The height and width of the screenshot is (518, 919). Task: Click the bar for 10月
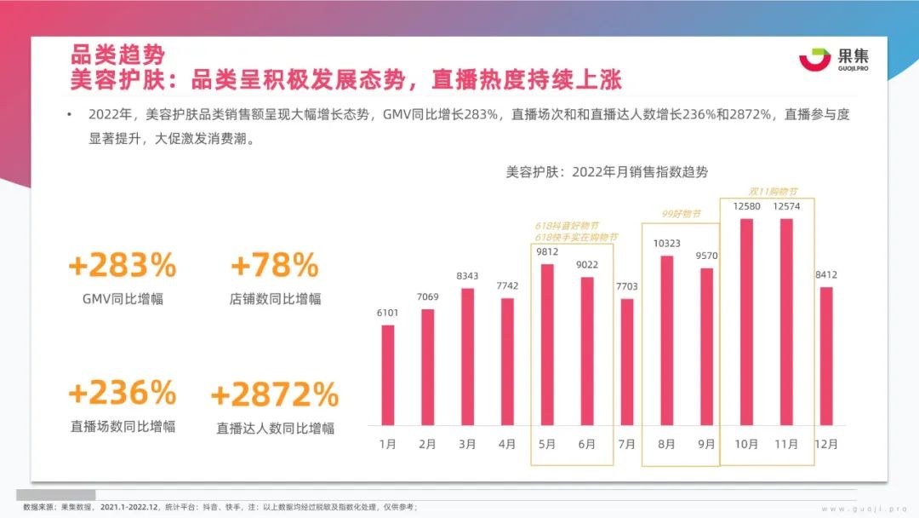pos(746,322)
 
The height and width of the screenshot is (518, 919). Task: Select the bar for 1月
pos(388,375)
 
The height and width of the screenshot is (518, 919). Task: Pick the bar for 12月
pos(825,356)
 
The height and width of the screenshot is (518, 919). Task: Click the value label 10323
pos(666,244)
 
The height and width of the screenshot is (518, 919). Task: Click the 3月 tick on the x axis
pos(467,444)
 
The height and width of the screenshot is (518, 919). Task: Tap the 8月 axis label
pos(666,444)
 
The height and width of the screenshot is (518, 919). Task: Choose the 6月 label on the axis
pos(586,444)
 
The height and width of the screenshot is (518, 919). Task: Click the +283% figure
pos(123,266)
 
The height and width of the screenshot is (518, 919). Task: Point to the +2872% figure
pos(274,394)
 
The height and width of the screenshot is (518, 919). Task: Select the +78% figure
pos(274,266)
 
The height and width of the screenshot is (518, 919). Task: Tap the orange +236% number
pos(123,393)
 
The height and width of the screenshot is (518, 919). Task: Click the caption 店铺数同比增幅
pos(275,299)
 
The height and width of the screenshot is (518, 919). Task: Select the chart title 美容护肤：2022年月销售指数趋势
pos(607,171)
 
